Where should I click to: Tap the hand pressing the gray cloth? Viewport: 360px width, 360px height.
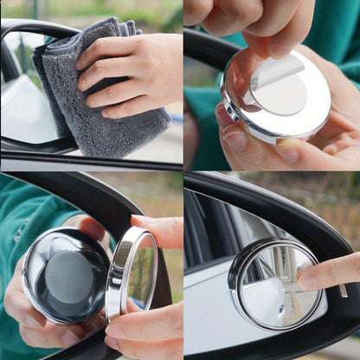click(138, 74)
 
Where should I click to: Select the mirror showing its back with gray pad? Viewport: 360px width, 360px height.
click(65, 275)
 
